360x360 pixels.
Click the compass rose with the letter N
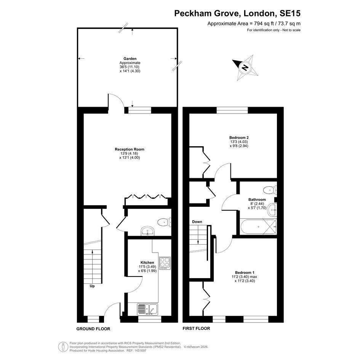pyautogui.click(x=245, y=67)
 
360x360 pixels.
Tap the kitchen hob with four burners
pyautogui.click(x=165, y=263)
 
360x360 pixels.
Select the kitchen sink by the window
pyautogui.click(x=147, y=309)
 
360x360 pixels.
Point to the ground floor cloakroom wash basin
pyautogui.click(x=148, y=231)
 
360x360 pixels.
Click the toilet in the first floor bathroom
pyautogui.click(x=270, y=190)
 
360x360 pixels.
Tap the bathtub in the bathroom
pyautogui.click(x=258, y=227)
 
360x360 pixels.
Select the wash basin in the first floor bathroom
pyautogui.click(x=272, y=210)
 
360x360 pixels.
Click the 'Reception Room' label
pyautogui.click(x=130, y=149)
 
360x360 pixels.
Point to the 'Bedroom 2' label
pyautogui.click(x=239, y=138)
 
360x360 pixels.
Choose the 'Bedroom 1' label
pyautogui.click(x=245, y=272)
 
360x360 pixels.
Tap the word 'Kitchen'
pyautogui.click(x=147, y=262)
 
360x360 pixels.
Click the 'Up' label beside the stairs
pyautogui.click(x=92, y=286)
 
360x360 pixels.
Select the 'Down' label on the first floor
pyautogui.click(x=197, y=222)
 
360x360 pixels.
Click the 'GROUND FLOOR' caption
pyautogui.click(x=93, y=329)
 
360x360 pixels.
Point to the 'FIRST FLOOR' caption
pyautogui.click(x=196, y=328)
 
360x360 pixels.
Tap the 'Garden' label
pyautogui.click(x=130, y=59)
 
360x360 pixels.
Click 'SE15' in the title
pyautogui.click(x=290, y=13)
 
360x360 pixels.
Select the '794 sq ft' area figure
pyautogui.click(x=262, y=23)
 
